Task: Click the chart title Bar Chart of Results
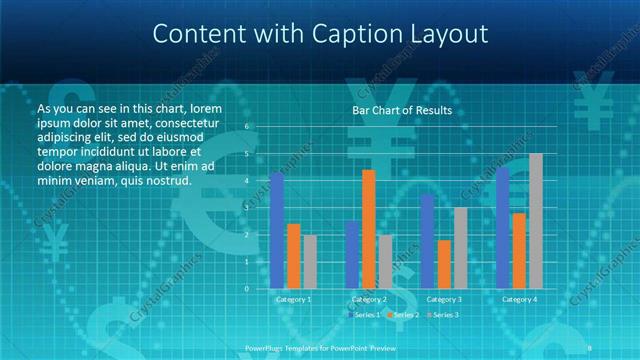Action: (x=402, y=110)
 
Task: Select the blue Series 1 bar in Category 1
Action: (x=277, y=231)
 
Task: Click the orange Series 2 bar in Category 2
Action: (x=369, y=229)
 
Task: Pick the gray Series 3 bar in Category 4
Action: (x=535, y=221)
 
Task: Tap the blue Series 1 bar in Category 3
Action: (x=428, y=241)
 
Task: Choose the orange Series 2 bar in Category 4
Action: (x=519, y=250)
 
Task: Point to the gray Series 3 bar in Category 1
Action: (x=310, y=261)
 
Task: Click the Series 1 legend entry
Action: (x=364, y=315)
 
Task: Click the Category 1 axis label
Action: (x=294, y=299)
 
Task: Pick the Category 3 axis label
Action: (x=444, y=299)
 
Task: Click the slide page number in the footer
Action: (x=589, y=347)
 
